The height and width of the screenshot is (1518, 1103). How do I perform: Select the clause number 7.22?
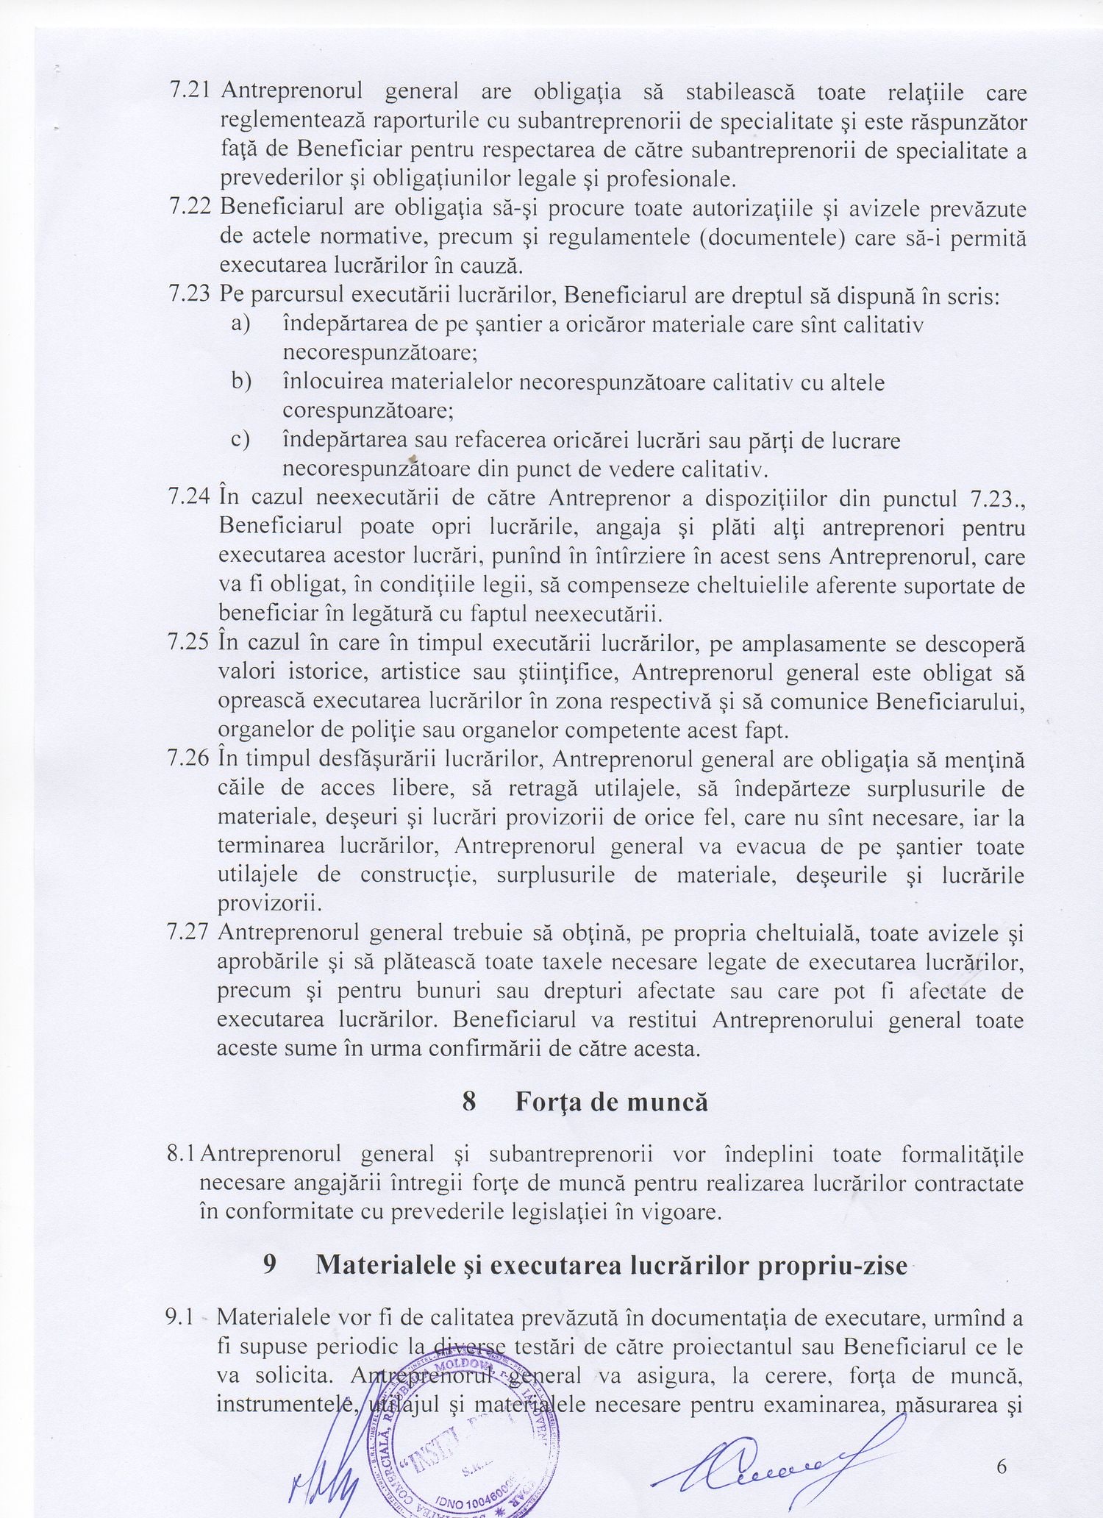[190, 208]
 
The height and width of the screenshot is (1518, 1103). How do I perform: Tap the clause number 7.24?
[190, 498]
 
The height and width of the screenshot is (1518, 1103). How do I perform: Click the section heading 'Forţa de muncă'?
[611, 1101]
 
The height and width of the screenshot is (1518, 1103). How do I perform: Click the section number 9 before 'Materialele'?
[270, 1266]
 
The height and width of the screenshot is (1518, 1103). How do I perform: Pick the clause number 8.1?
[182, 1153]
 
